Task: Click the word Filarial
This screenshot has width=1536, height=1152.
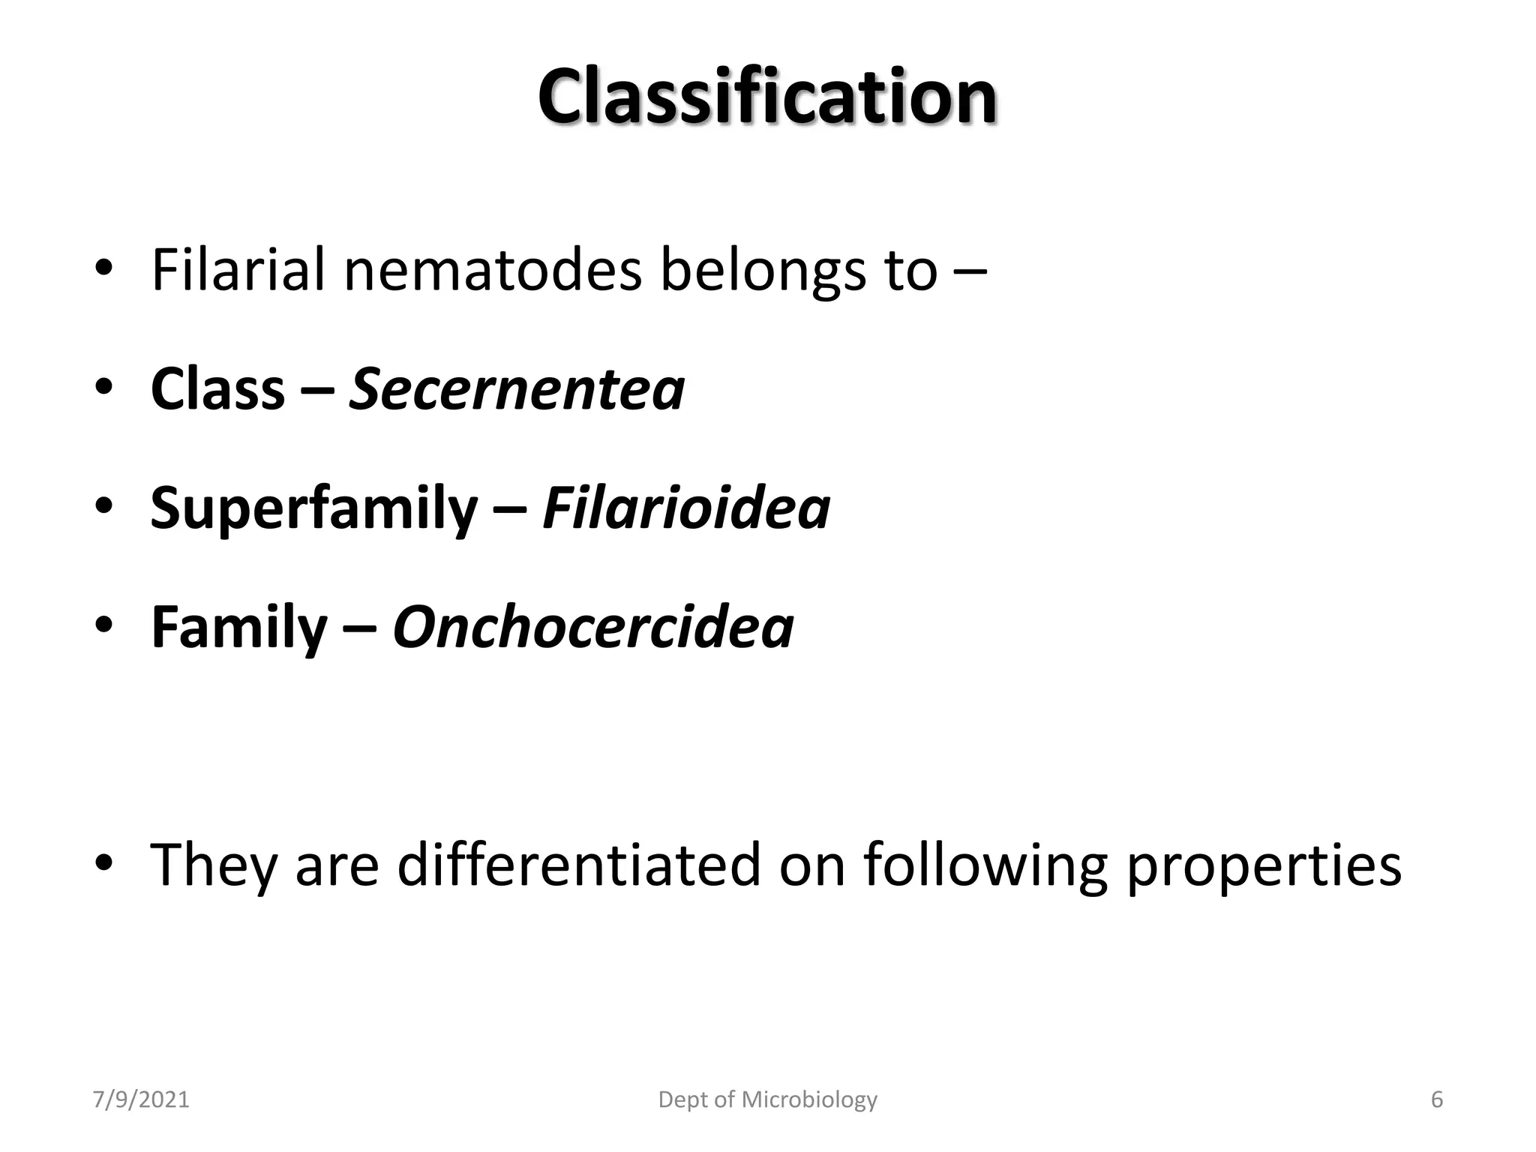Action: (x=238, y=270)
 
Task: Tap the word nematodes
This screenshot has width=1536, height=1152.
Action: (x=492, y=270)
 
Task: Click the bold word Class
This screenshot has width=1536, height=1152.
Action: (x=217, y=389)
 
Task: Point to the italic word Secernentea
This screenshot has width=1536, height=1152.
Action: (x=517, y=389)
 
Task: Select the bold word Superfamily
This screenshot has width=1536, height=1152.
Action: (x=313, y=508)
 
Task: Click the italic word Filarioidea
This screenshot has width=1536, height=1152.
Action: (x=685, y=508)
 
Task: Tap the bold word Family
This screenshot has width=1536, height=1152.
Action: (x=238, y=628)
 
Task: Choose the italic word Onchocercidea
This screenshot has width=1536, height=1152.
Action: (x=592, y=628)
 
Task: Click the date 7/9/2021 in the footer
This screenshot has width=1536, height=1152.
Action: (x=141, y=1100)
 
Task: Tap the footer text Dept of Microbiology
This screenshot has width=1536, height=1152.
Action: (x=767, y=1100)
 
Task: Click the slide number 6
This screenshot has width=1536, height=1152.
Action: (x=1437, y=1100)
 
